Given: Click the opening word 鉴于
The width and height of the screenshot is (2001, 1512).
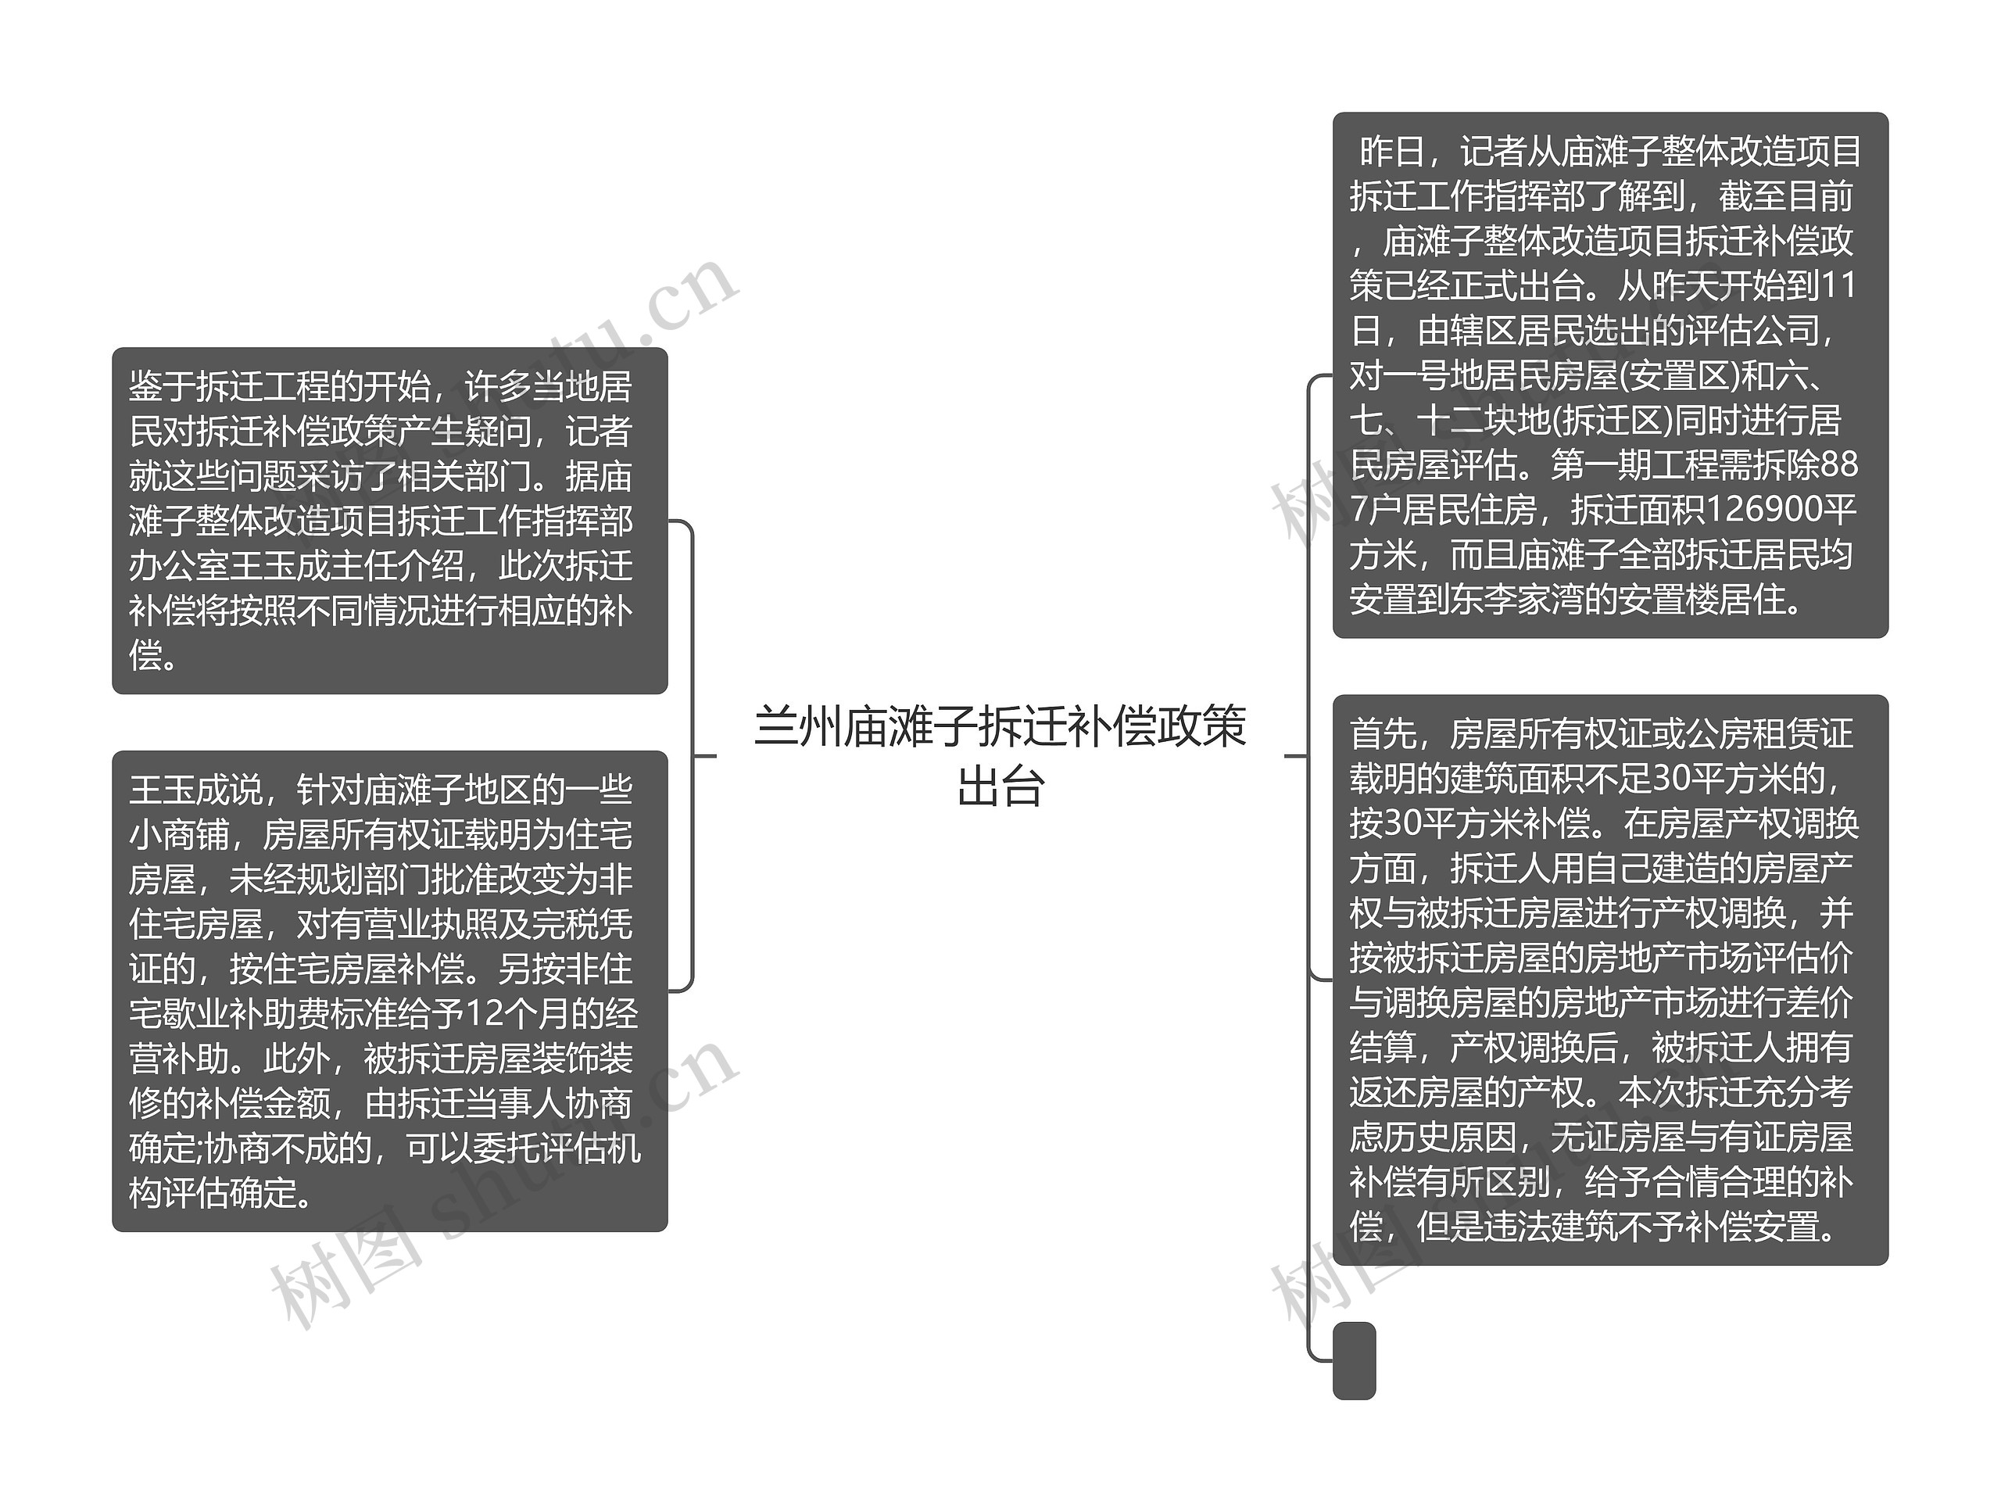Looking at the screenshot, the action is coord(162,386).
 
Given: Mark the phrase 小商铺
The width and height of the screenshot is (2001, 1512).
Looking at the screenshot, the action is coord(179,834).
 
